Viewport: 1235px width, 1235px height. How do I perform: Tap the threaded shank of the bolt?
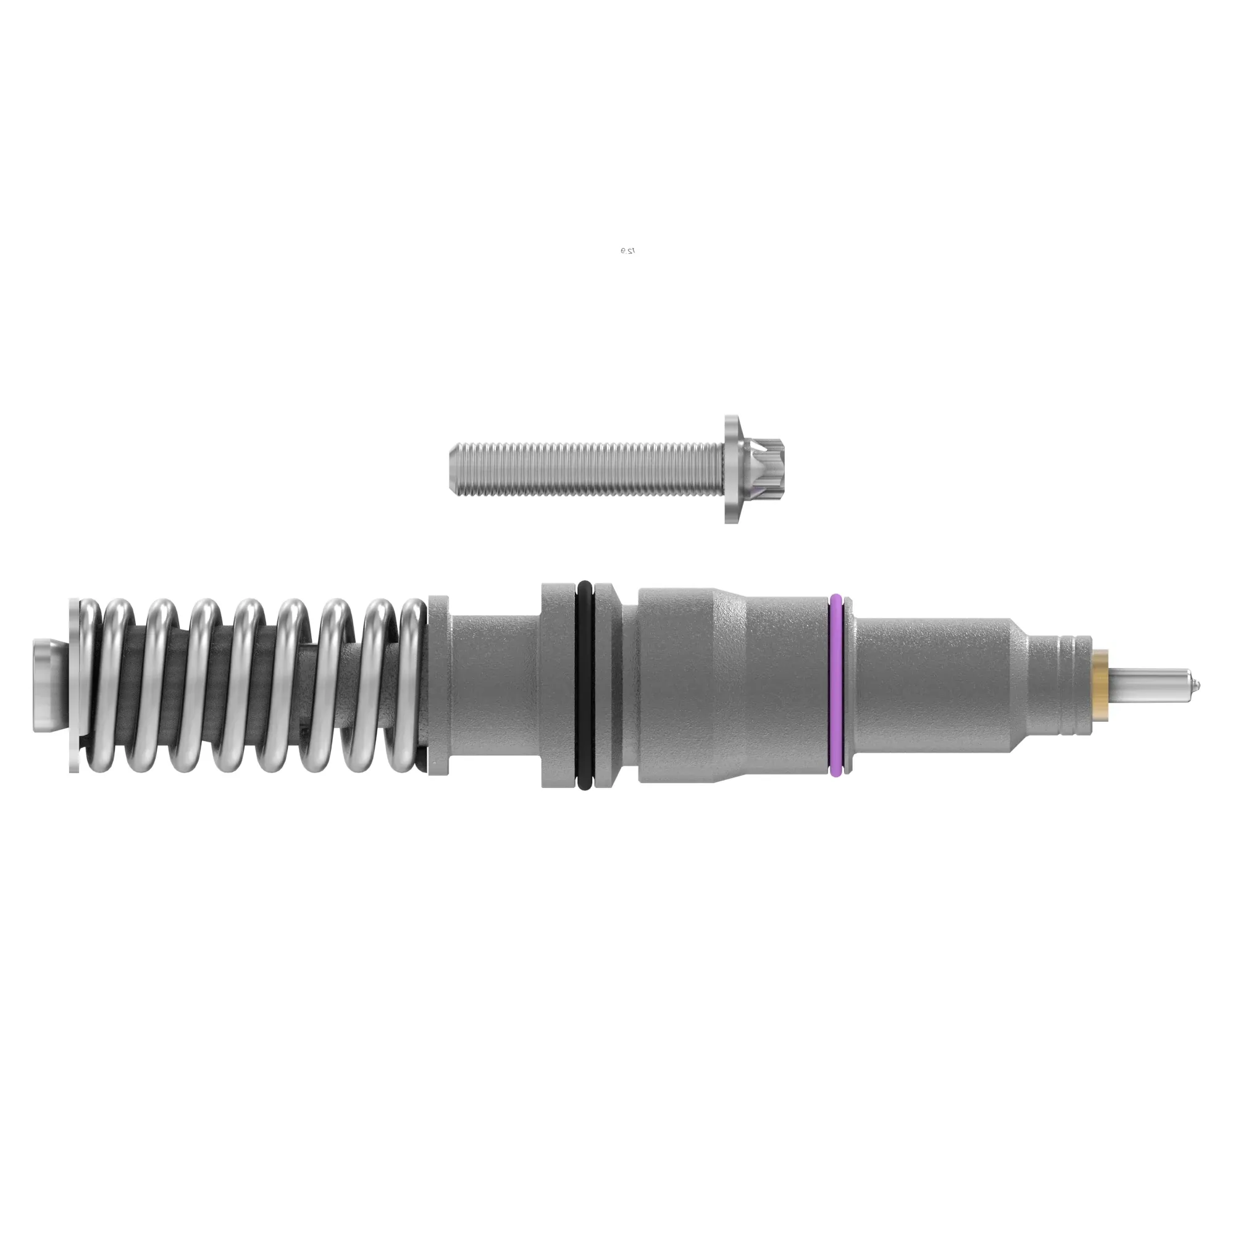tap(588, 470)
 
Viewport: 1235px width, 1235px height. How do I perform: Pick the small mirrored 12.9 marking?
tap(627, 251)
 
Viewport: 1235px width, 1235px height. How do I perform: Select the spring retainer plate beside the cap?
tap(74, 685)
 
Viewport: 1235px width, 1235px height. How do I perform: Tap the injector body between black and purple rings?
tap(735, 685)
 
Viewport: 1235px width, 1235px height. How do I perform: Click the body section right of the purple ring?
tap(927, 685)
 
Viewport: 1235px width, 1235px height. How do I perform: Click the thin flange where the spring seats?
tap(439, 685)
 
